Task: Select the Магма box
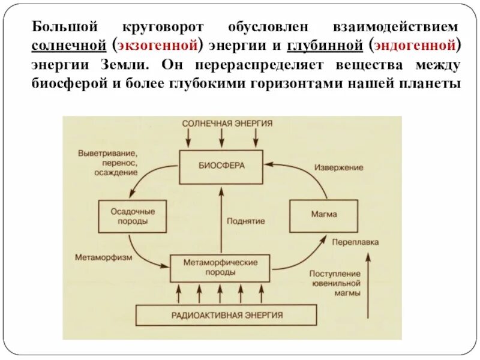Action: pyautogui.click(x=324, y=214)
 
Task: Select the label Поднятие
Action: pyautogui.click(x=247, y=221)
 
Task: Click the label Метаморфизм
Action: pyautogui.click(x=101, y=259)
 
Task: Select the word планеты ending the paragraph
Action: pyautogui.click(x=432, y=82)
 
